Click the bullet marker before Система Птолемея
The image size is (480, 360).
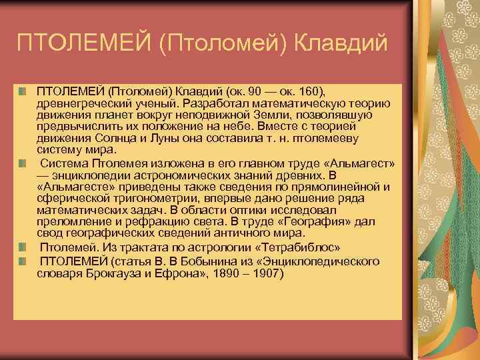23,163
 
